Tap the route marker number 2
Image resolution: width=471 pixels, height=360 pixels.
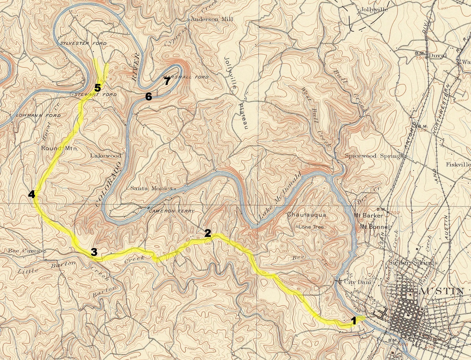(x=208, y=233)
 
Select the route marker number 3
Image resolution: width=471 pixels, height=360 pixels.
(x=94, y=252)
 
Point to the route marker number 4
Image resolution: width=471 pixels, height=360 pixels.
(x=31, y=194)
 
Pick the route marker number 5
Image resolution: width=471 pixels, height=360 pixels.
(x=98, y=87)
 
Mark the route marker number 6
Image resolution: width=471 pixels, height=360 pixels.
(x=148, y=96)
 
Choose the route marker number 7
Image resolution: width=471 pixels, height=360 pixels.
(x=167, y=81)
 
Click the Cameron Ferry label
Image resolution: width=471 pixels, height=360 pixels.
(x=171, y=211)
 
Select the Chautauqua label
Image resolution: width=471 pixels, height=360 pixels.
(x=306, y=215)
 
